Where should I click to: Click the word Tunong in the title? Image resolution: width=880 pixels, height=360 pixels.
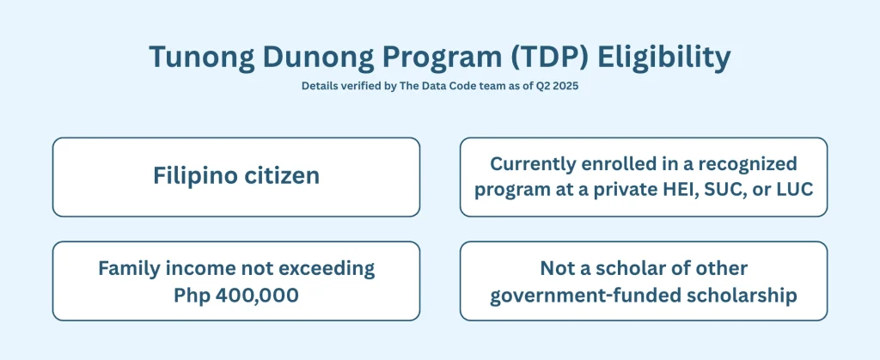pos(200,57)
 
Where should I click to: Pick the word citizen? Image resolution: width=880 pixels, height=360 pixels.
pos(283,176)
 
